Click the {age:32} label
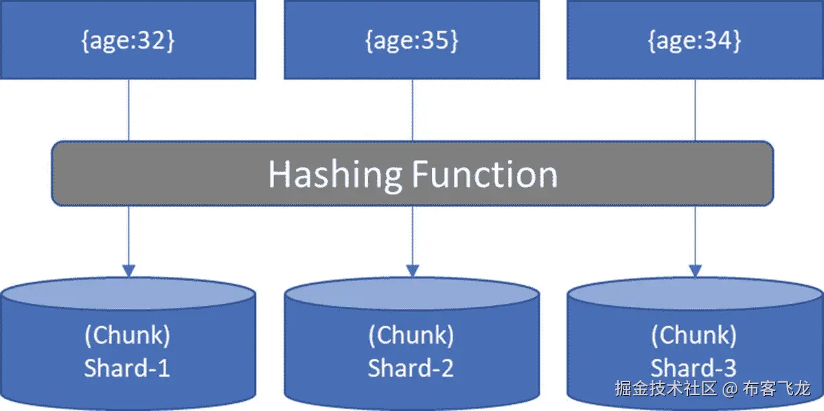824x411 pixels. point(128,41)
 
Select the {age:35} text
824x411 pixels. point(411,41)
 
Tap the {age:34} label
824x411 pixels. point(694,41)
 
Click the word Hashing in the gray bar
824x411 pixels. point(334,174)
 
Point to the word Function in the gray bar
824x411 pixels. point(484,174)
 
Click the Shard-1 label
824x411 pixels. point(127,368)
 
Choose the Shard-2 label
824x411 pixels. point(411,368)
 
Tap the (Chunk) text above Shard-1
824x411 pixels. point(127,335)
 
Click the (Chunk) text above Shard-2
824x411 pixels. point(411,335)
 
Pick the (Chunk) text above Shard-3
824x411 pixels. point(694,335)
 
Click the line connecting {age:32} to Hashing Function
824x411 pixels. point(128,110)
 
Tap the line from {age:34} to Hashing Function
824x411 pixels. point(695,110)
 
